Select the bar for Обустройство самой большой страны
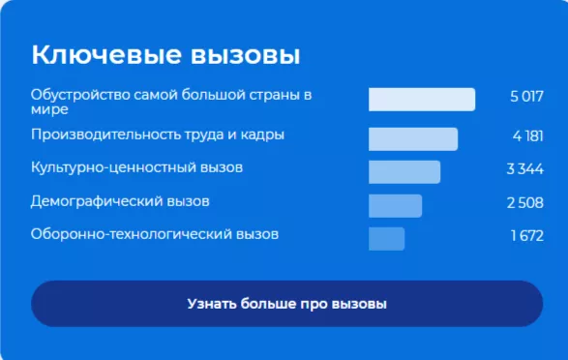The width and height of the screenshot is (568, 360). click(421, 100)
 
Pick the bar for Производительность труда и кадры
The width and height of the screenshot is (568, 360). click(412, 138)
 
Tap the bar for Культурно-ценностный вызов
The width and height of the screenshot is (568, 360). click(404, 172)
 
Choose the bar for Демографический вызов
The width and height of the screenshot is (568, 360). click(395, 205)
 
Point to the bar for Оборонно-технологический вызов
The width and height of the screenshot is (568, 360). click(386, 238)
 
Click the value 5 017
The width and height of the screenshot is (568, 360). click(527, 97)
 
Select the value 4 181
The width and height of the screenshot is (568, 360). click(528, 135)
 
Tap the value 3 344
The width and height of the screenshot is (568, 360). click(525, 169)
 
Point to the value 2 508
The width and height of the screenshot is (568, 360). click(525, 203)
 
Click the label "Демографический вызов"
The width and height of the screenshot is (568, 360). click(120, 201)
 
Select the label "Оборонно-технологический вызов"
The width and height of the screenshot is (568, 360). click(155, 234)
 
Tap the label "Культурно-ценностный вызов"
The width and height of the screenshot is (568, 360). click(136, 167)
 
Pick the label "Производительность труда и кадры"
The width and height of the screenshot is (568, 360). click(158, 135)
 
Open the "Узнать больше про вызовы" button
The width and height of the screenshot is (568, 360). click(286, 304)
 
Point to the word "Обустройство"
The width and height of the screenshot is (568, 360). click(75, 95)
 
